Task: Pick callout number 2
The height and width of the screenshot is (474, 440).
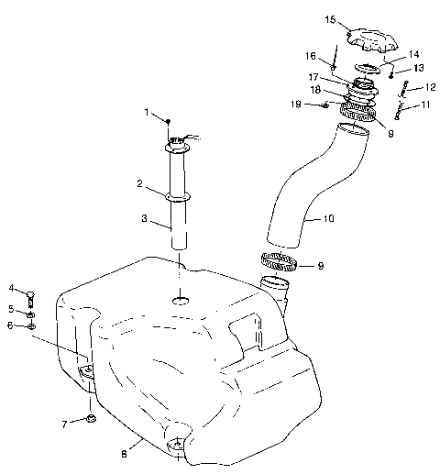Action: point(139,183)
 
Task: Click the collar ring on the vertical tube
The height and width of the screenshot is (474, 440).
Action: point(178,196)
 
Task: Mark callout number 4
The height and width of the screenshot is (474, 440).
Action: point(12,289)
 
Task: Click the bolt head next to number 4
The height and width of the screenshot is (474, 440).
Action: point(30,296)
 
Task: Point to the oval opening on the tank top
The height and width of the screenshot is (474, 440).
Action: point(181,301)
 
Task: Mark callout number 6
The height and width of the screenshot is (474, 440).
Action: point(12,325)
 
